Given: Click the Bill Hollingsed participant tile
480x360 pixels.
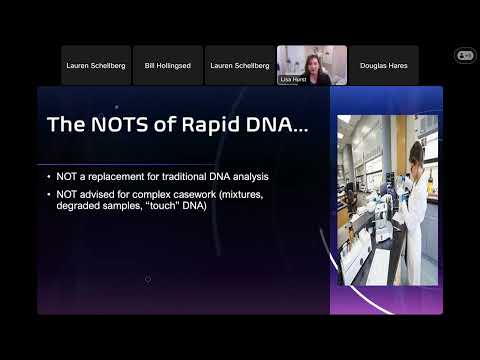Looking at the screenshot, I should pos(168,65).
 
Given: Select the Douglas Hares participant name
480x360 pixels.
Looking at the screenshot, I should pos(384,65).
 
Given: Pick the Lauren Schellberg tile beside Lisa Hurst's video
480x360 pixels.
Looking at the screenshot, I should pos(239,65).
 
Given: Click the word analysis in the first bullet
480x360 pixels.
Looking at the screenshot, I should pos(243,177).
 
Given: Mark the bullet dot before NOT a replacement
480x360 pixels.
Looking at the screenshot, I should pos(50,177).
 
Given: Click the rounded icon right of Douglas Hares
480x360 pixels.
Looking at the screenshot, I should pos(464,55).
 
